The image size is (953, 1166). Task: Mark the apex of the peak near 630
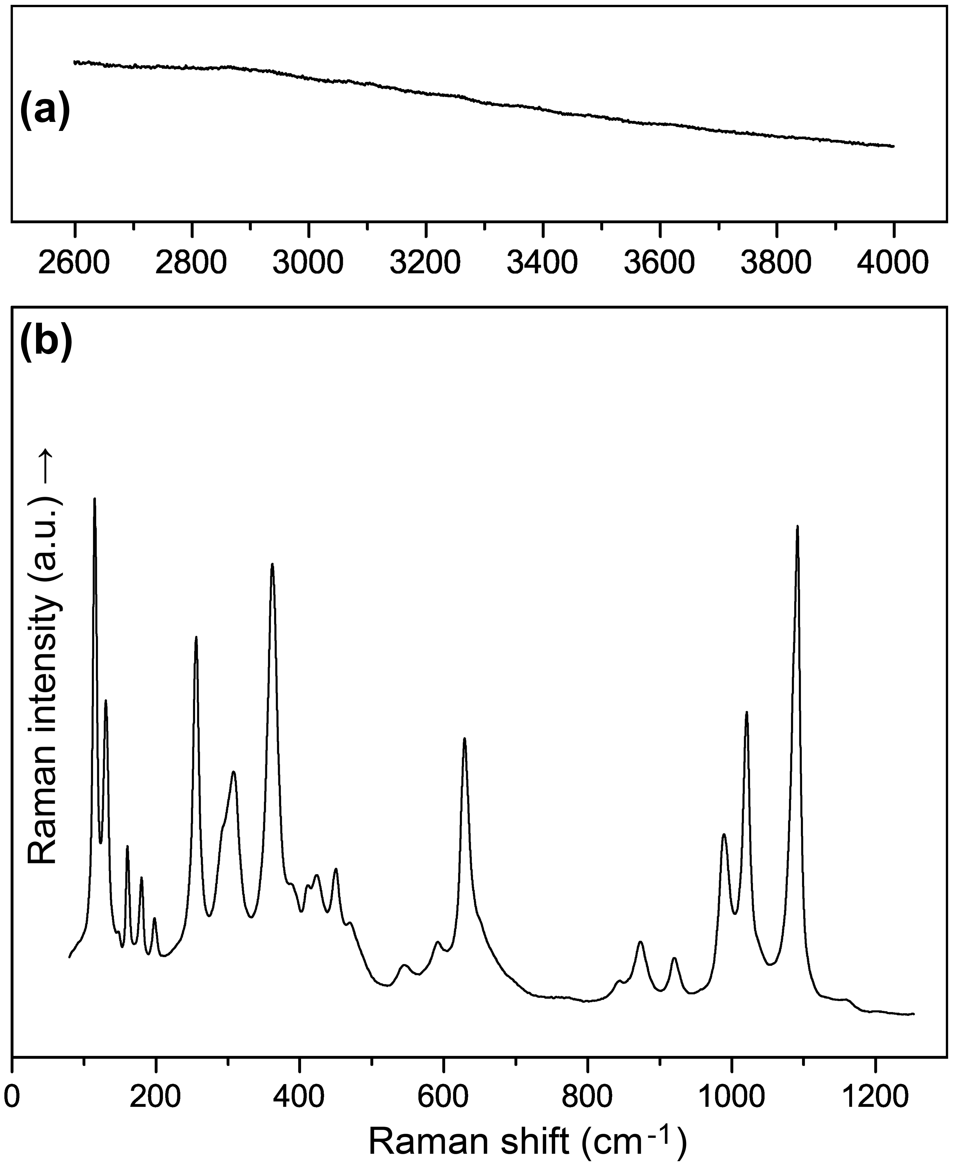coord(464,739)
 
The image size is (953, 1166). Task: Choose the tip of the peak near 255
coord(196,637)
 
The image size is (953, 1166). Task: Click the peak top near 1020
coord(747,712)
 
